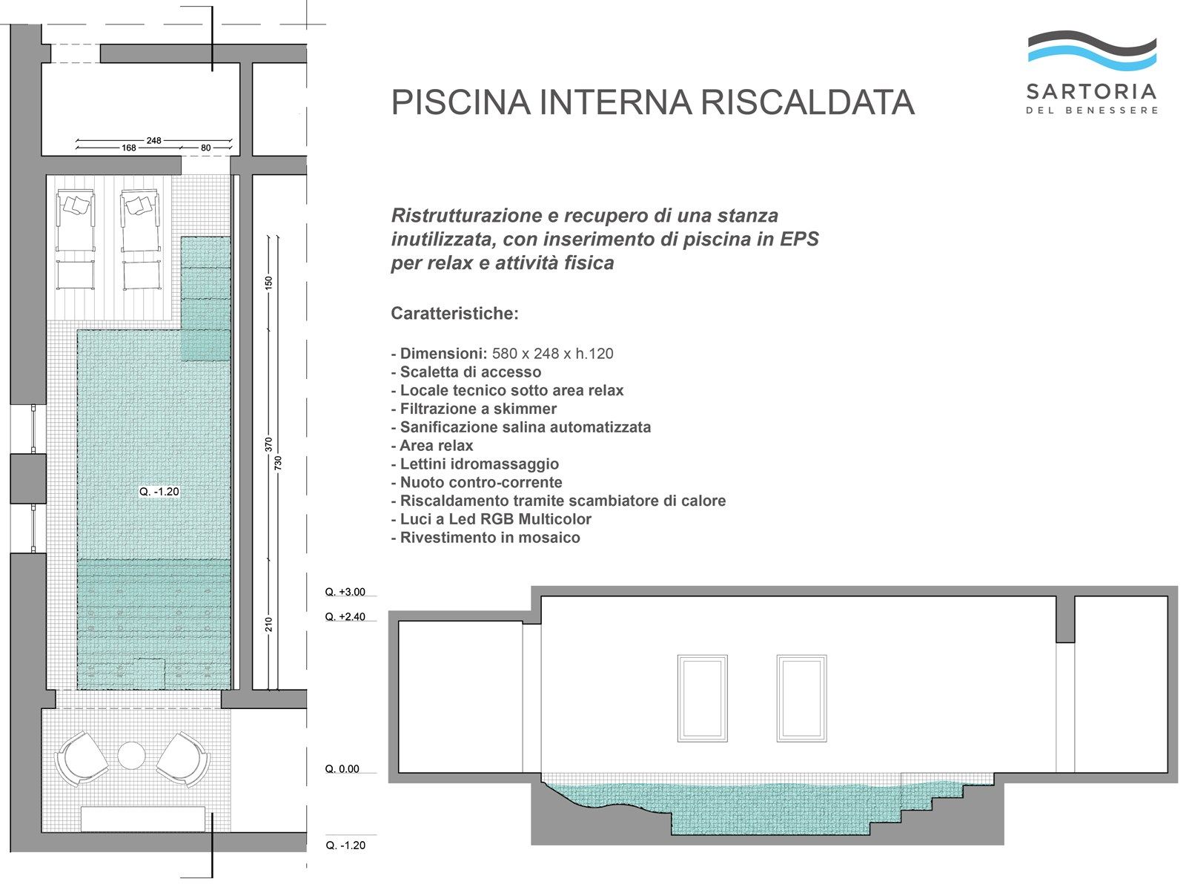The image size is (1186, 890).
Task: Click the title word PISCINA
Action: click(460, 102)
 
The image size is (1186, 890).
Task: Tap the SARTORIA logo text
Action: click(1091, 92)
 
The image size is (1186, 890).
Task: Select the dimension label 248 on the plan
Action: click(153, 140)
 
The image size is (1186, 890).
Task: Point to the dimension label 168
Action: click(129, 148)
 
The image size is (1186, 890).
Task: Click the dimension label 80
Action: click(206, 148)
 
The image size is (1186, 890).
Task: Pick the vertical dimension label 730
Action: click(278, 463)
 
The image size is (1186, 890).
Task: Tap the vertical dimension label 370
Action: click(268, 445)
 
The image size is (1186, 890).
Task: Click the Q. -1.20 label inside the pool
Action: click(159, 492)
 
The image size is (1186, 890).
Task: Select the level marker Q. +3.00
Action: click(345, 592)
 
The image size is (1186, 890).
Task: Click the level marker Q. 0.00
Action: click(342, 769)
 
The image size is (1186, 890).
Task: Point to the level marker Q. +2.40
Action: click(345, 617)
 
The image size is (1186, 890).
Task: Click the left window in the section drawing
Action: click(702, 698)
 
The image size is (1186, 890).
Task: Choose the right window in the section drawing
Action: click(801, 698)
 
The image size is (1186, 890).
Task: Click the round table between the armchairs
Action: click(132, 756)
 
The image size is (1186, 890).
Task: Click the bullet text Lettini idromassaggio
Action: click(479, 464)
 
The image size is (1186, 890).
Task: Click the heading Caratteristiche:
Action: click(454, 314)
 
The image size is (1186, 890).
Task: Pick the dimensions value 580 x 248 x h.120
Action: click(553, 354)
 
